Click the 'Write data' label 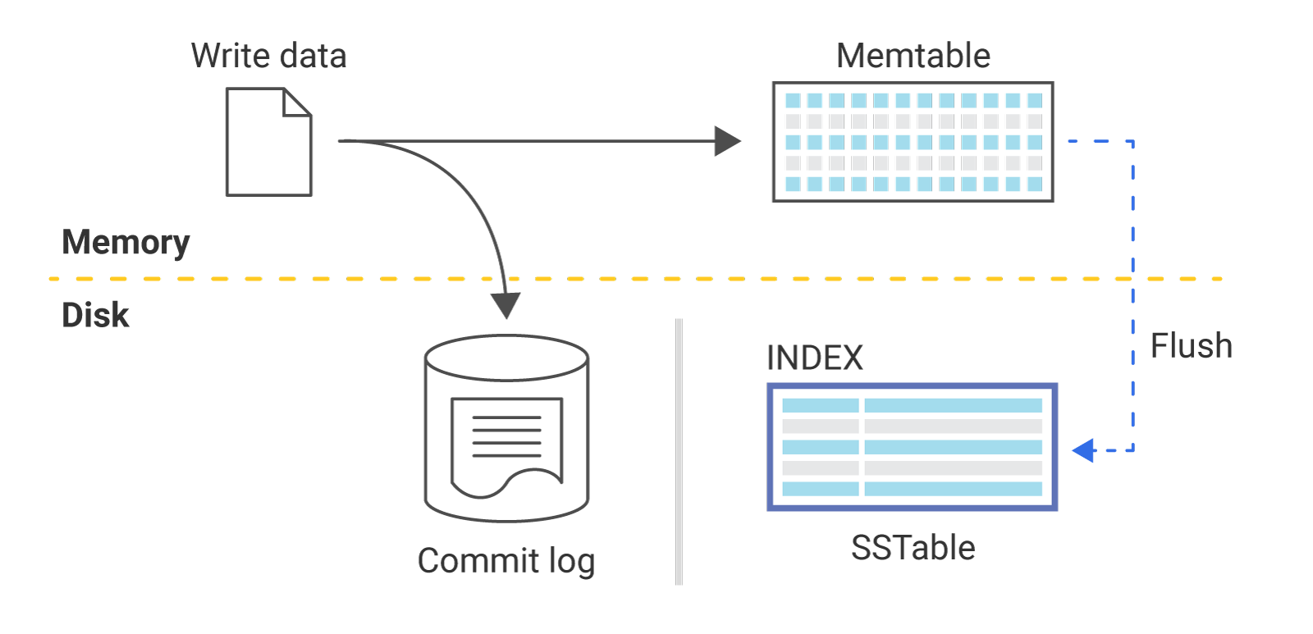pyautogui.click(x=268, y=56)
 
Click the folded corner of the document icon pyautogui.click(x=297, y=103)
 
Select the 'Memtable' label pyautogui.click(x=913, y=56)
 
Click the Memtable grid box pyautogui.click(x=913, y=142)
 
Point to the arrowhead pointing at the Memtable pyautogui.click(x=727, y=141)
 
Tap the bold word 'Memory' pyautogui.click(x=126, y=242)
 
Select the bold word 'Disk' pyautogui.click(x=95, y=315)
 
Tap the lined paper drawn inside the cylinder pyautogui.click(x=507, y=443)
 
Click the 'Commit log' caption pyautogui.click(x=506, y=561)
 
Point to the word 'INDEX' pyautogui.click(x=814, y=358)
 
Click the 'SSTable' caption pyautogui.click(x=913, y=548)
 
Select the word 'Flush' pyautogui.click(x=1191, y=346)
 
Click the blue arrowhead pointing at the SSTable pyautogui.click(x=1083, y=449)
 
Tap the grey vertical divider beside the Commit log pyautogui.click(x=679, y=451)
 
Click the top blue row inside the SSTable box pyautogui.click(x=912, y=405)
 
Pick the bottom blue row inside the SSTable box pyautogui.click(x=912, y=489)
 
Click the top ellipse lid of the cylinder pyautogui.click(x=507, y=358)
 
